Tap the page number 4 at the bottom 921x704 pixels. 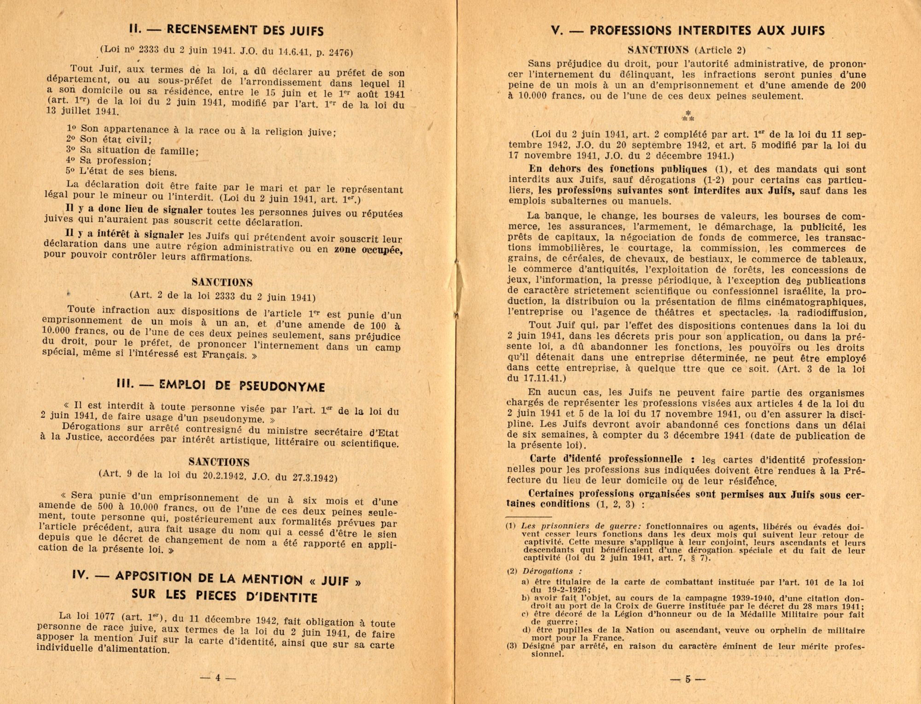click(218, 677)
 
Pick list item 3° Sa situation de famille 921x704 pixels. click(132, 150)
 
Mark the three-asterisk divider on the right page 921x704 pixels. click(688, 116)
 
